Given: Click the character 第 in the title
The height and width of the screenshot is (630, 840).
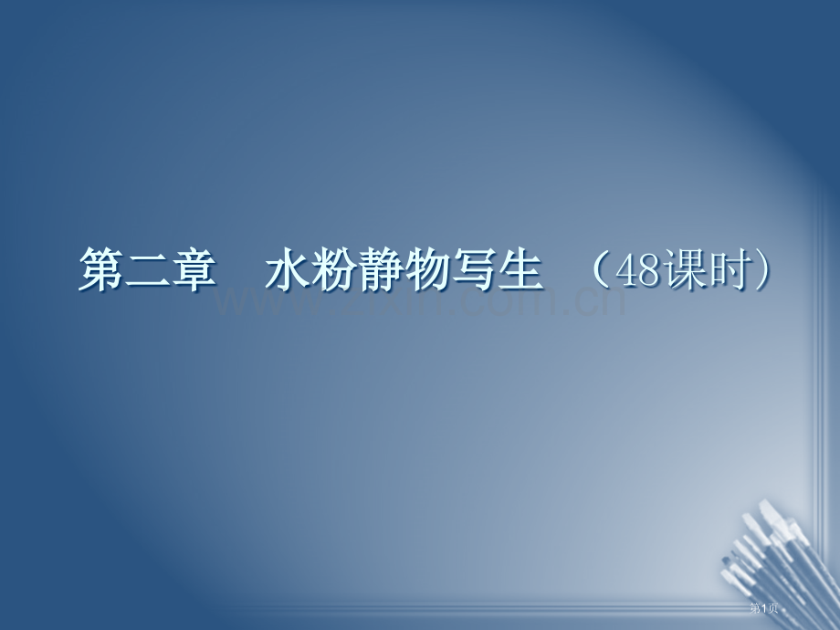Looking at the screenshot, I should pos(100,271).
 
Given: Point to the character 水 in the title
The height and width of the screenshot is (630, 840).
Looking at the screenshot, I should pos(287,271).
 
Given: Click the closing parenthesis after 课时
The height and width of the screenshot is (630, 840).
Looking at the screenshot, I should pos(767,271).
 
